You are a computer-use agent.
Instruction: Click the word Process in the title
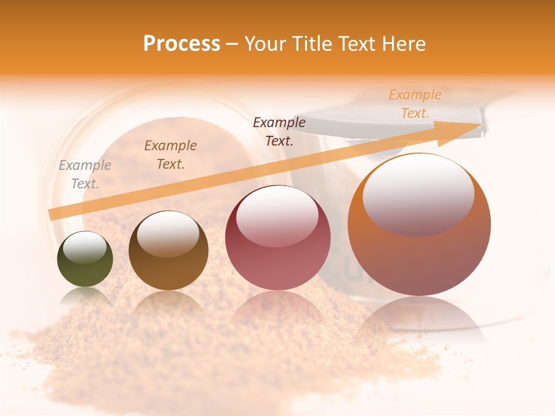[x=182, y=43]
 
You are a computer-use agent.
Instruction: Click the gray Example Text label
[x=85, y=174]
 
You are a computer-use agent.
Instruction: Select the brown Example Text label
[x=171, y=155]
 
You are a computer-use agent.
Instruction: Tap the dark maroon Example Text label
[x=279, y=131]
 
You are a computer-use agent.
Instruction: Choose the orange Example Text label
[x=415, y=104]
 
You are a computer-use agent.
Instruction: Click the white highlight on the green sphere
[x=85, y=248]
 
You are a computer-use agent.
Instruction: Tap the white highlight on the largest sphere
[x=418, y=194]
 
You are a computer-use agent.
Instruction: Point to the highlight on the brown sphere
[x=168, y=233]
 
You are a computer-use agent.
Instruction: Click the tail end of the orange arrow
[x=54, y=214]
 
